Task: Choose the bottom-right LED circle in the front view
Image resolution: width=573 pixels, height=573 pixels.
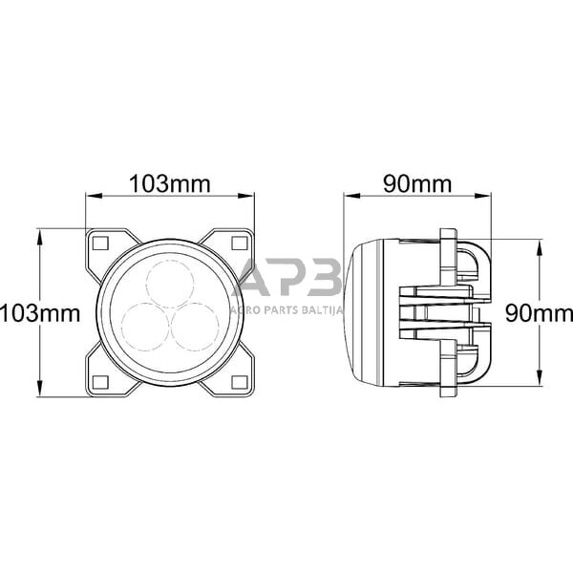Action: click(195, 326)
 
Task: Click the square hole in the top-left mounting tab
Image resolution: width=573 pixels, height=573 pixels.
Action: click(97, 243)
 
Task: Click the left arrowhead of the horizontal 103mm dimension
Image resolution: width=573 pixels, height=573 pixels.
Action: click(91, 197)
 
